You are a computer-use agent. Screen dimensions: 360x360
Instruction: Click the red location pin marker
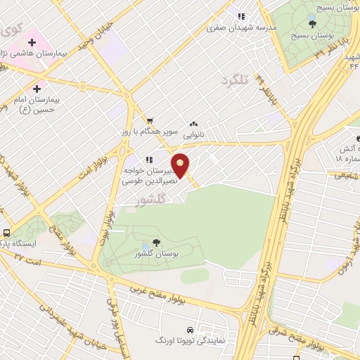pos(181,166)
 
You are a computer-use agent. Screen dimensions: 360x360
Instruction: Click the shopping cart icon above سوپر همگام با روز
pos(150,120)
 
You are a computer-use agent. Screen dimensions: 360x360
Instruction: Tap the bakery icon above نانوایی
pos(193,123)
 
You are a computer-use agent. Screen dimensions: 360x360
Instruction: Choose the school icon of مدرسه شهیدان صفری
pos(240,16)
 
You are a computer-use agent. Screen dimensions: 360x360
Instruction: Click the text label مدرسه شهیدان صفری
pos(247,28)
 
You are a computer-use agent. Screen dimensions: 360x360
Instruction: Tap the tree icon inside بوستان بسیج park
pos(312,22)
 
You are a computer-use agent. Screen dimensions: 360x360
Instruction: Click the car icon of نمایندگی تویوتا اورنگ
pos(190,329)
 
